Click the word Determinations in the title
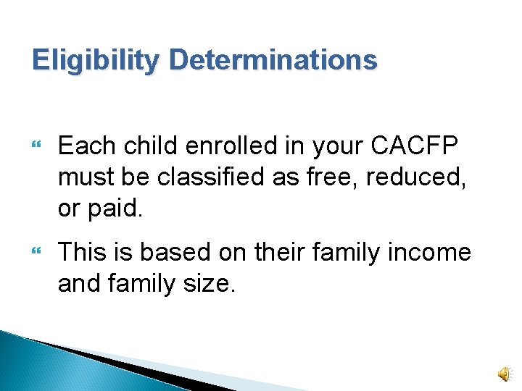273,60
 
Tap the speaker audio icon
503,373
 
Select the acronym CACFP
414,146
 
